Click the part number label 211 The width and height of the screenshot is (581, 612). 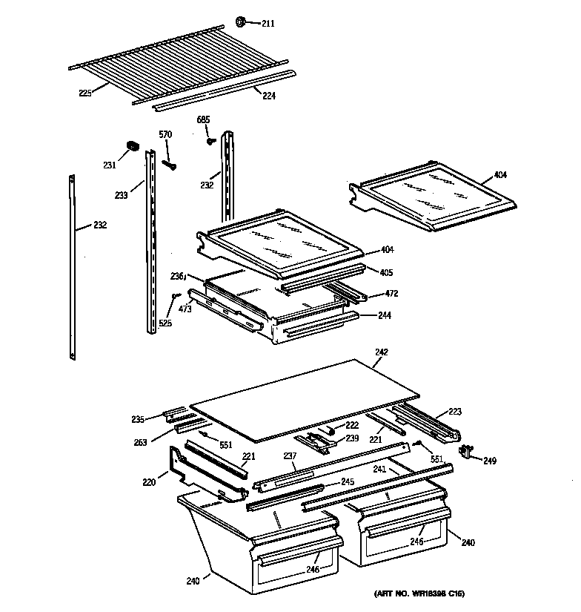[268, 24]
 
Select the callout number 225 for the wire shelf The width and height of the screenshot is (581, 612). [85, 93]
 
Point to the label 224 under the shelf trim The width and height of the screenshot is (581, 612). [268, 95]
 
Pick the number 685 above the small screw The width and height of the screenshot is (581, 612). [204, 119]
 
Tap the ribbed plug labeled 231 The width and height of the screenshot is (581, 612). [133, 146]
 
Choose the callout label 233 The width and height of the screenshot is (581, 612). [122, 195]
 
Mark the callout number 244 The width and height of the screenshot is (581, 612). [385, 315]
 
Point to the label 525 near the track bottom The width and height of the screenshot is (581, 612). [165, 323]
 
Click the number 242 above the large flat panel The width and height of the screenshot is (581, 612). [382, 352]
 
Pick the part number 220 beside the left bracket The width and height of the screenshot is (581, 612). [150, 481]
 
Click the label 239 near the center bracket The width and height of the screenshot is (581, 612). [351, 439]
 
